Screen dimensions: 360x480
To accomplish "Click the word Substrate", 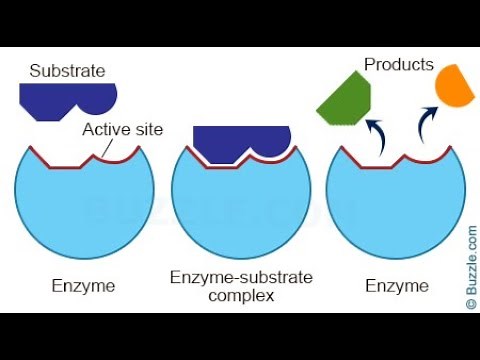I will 68,71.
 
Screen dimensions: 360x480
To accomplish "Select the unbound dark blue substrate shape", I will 66,99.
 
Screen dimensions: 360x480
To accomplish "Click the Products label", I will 398,65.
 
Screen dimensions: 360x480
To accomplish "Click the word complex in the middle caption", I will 242,295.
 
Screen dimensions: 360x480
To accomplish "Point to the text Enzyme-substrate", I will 241,277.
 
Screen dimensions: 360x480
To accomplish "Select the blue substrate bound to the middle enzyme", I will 241,142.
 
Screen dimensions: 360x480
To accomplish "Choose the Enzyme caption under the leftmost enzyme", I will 84,286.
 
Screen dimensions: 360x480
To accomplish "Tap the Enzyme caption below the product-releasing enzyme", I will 397,286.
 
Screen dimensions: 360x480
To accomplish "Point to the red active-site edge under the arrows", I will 397,163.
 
